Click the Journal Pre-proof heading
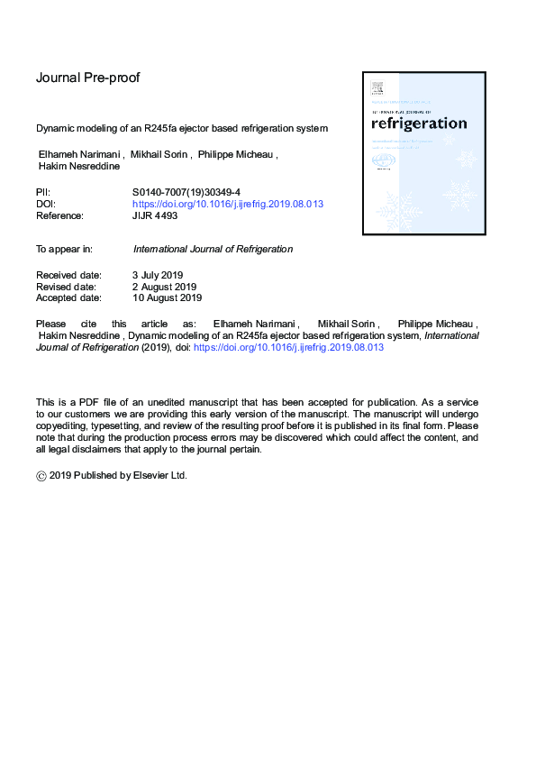pos(87,78)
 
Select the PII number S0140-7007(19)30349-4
pos(186,193)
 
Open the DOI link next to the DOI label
pos(228,205)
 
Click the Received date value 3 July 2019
pos(159,274)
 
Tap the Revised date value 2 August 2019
pos(165,286)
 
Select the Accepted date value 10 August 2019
pos(168,297)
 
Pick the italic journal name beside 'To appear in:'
pos(213,249)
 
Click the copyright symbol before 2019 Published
pos(41,476)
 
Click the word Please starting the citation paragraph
pos(50,323)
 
